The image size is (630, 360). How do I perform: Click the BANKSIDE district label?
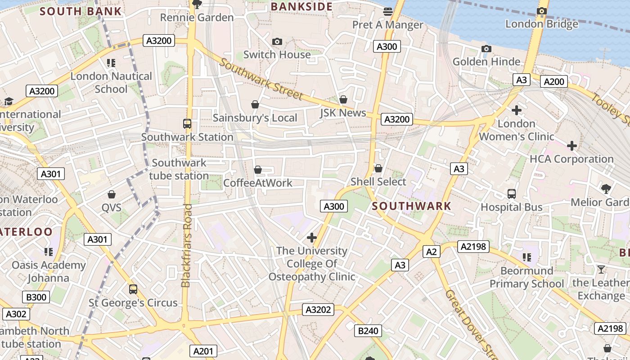click(301, 7)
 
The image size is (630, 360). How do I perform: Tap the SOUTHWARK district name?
click(412, 206)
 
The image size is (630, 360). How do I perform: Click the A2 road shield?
click(431, 252)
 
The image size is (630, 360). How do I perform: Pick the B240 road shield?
click(368, 331)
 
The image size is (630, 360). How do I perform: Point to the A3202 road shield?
click(319, 310)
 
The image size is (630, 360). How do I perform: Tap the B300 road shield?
click(36, 297)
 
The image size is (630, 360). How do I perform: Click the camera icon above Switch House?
click(277, 42)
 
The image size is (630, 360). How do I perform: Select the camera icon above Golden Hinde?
click(486, 49)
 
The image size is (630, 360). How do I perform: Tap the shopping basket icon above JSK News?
click(343, 99)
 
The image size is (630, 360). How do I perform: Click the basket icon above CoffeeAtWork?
click(258, 170)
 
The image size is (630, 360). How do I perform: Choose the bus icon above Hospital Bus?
click(512, 194)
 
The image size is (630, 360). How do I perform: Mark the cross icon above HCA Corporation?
click(571, 146)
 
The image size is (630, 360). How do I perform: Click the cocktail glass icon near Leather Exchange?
click(601, 270)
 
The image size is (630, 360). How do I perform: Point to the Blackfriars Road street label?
click(186, 245)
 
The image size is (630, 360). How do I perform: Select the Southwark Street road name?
click(261, 79)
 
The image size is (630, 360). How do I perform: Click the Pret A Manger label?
click(387, 25)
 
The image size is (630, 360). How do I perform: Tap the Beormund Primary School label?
click(526, 277)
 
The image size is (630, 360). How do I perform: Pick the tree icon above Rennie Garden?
click(197, 4)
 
